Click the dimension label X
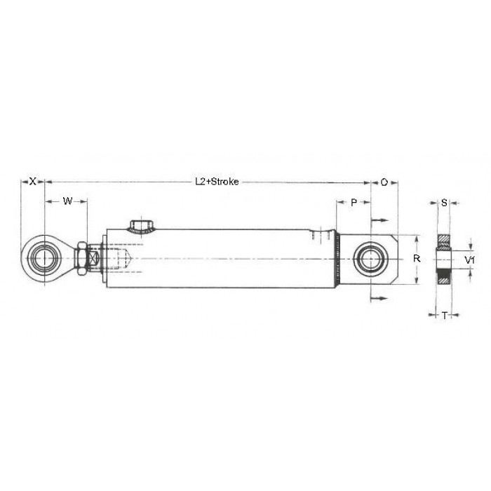pos(33,181)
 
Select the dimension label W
pos(67,201)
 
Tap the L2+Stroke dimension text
pos(217,182)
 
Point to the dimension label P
pos(354,203)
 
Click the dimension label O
pos(384,182)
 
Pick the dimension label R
pos(417,259)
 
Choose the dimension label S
pos(444,203)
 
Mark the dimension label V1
pos(469,260)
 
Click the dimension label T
pos(444,316)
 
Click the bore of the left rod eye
pos(44,258)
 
